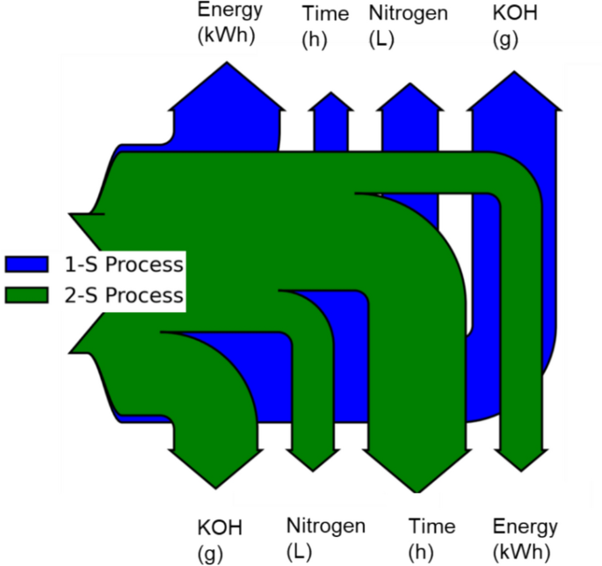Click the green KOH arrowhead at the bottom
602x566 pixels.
pos(214,463)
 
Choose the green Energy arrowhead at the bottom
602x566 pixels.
pos(519,458)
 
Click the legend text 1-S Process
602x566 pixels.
pos(123,265)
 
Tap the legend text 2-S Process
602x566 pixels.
pos(123,295)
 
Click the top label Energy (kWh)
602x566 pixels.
pos(229,24)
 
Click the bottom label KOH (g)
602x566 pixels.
pos(219,539)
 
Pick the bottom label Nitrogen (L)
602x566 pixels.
pos(325,538)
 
